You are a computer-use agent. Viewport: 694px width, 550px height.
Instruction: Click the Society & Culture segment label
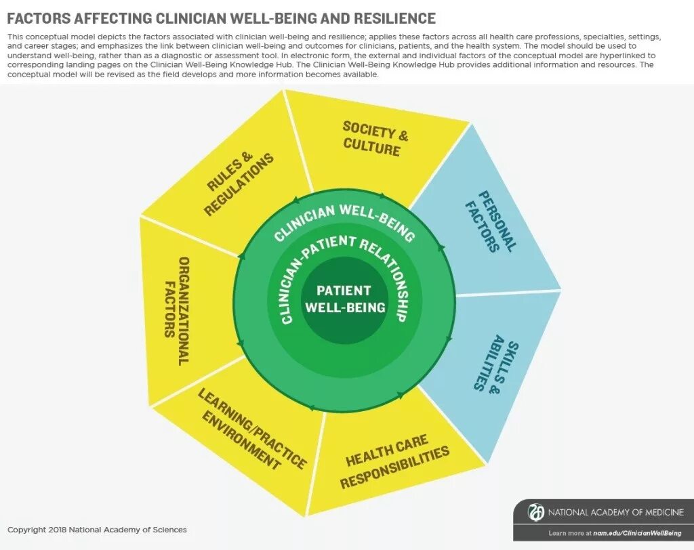(375, 137)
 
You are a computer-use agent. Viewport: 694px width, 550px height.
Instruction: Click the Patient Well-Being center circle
(344, 299)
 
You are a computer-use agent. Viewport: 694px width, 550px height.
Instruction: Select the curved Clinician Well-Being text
(344, 221)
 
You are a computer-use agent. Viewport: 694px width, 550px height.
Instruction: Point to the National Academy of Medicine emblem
(536, 512)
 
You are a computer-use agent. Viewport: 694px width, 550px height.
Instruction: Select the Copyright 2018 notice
(97, 530)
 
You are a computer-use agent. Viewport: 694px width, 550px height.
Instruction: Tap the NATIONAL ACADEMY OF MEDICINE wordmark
(615, 512)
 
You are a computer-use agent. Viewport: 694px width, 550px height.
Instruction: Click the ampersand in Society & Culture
(403, 135)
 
